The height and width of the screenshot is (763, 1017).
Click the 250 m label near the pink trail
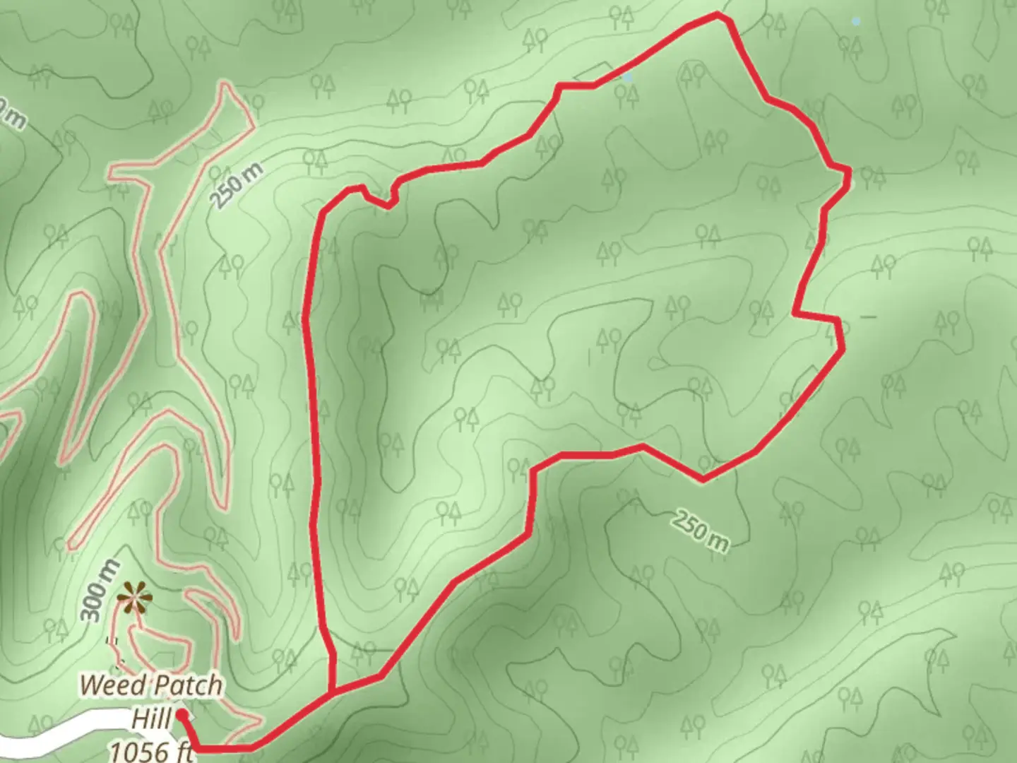(237, 185)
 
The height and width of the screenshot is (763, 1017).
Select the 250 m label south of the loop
(699, 530)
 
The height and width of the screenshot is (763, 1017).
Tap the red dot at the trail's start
(182, 715)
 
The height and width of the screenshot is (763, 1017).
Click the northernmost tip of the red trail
(718, 14)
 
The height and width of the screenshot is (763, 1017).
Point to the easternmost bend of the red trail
(847, 172)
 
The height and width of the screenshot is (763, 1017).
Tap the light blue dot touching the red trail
(628, 78)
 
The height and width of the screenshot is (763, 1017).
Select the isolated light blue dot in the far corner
(856, 22)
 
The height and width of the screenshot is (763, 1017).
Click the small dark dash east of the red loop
(868, 317)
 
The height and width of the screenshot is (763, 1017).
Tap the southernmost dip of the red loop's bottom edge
(702, 480)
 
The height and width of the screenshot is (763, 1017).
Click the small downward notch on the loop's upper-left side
(387, 206)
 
